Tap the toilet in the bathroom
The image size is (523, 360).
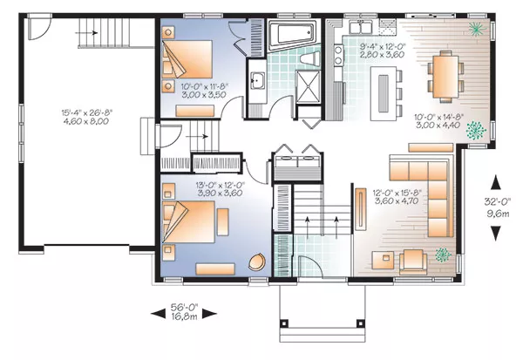(310, 58)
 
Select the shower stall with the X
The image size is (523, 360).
(309, 85)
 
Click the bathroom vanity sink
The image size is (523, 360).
(257, 81)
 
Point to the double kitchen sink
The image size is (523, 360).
(361, 26)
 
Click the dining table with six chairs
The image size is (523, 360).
(446, 76)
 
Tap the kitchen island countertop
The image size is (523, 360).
(384, 94)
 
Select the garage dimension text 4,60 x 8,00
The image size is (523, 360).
(86, 121)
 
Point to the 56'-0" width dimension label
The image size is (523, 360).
(185, 306)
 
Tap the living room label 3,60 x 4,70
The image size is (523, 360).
(397, 200)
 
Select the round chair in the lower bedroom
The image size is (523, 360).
(257, 262)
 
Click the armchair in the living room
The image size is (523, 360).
(413, 262)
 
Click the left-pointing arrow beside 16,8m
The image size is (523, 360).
(158, 314)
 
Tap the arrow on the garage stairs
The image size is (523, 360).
(86, 33)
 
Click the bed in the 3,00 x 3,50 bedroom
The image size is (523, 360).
(187, 59)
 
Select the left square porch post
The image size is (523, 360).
(284, 323)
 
